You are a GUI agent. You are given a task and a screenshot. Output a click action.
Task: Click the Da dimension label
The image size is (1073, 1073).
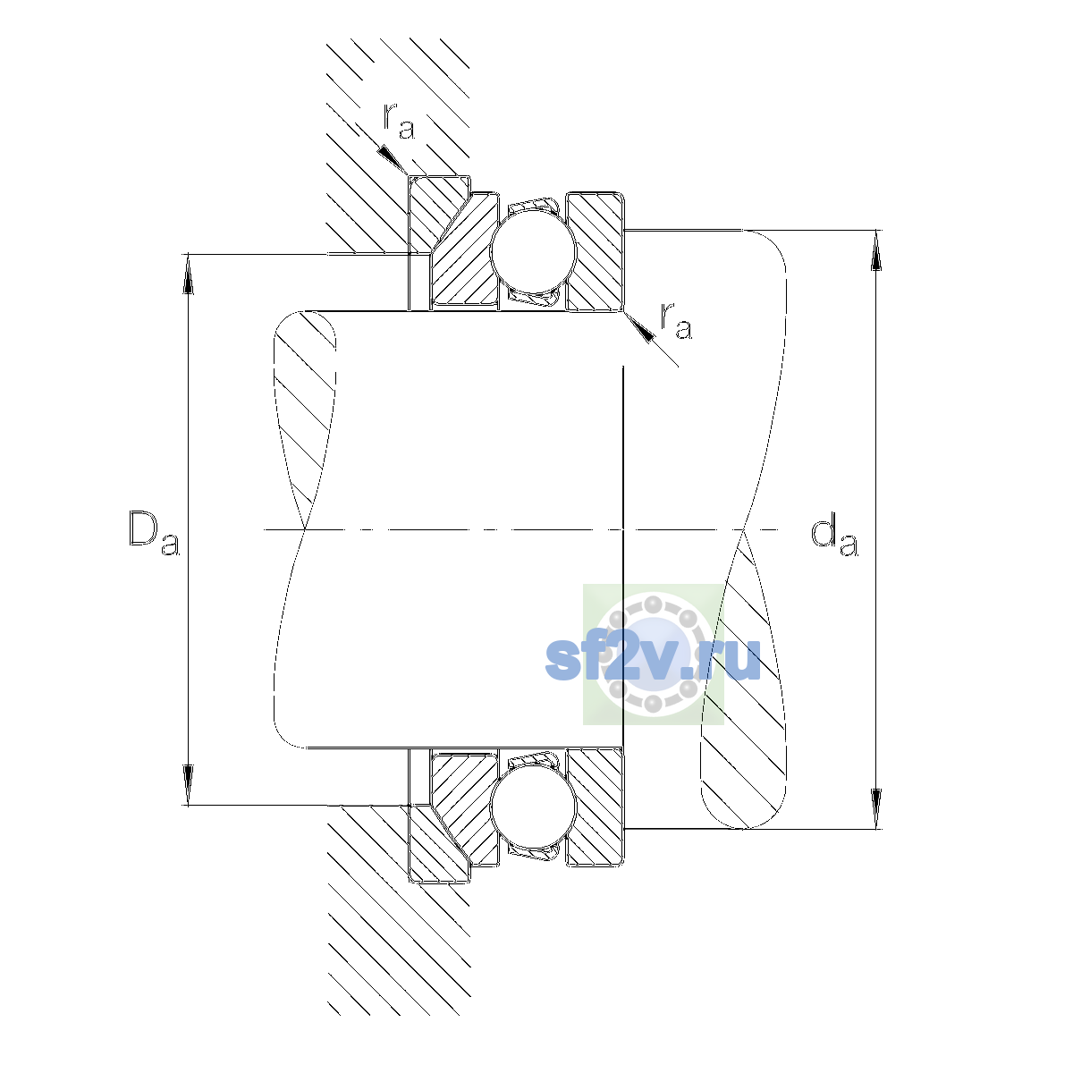pos(154,533)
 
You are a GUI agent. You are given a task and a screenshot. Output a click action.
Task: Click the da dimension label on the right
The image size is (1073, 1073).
pos(834,536)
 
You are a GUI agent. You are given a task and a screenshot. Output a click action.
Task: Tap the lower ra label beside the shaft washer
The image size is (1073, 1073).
pos(676,321)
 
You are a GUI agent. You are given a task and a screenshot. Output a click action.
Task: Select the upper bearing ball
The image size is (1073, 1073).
pos(534,251)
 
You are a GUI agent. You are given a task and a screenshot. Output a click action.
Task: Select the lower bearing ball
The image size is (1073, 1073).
pos(534,805)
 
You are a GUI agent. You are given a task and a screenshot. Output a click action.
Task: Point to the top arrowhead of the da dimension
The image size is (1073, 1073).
pos(876,250)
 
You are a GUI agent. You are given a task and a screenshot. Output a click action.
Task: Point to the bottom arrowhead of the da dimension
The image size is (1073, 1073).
pos(876,808)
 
